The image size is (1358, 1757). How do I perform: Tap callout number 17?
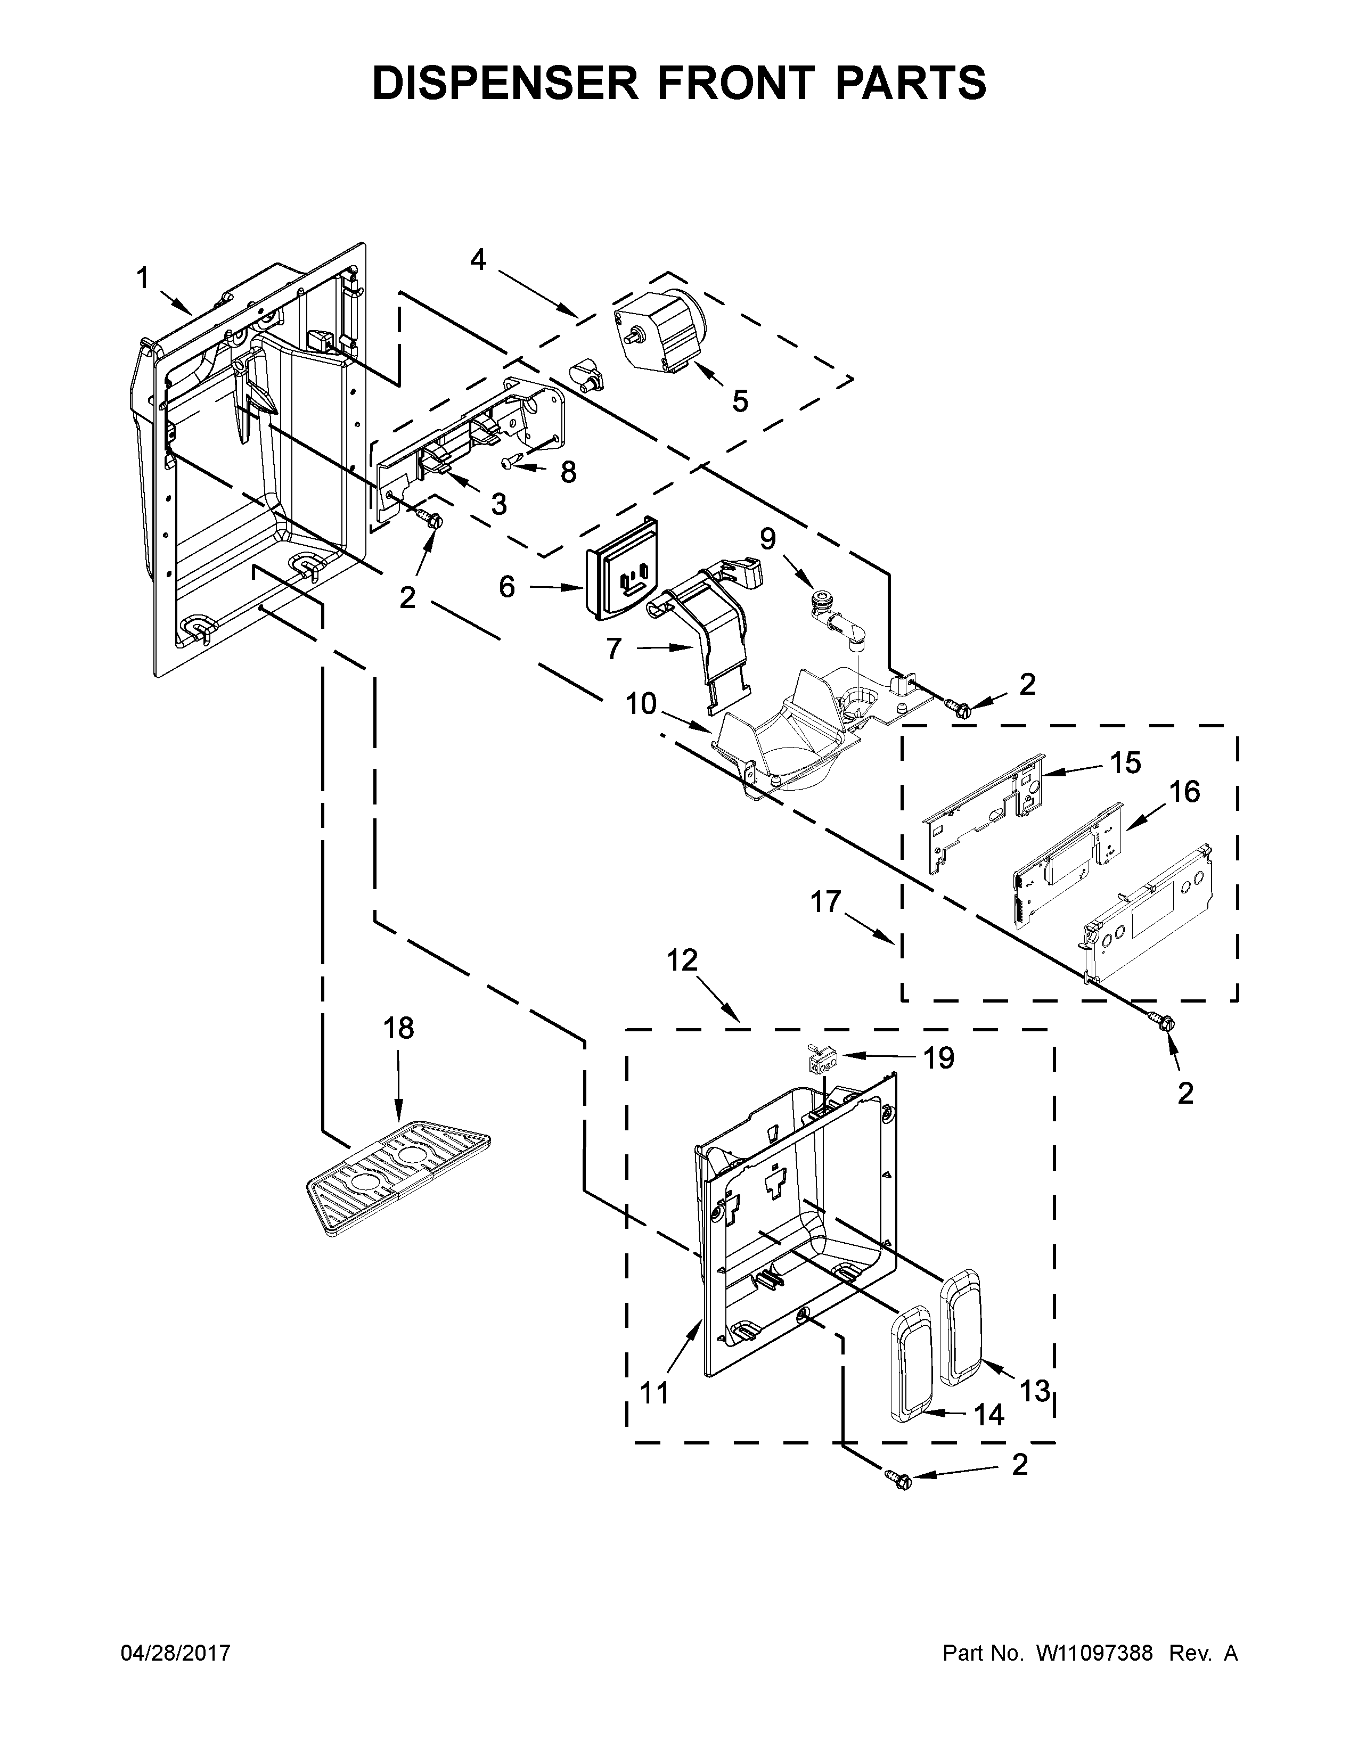pyautogui.click(x=825, y=902)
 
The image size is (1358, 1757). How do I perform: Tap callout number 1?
pyautogui.click(x=142, y=279)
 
